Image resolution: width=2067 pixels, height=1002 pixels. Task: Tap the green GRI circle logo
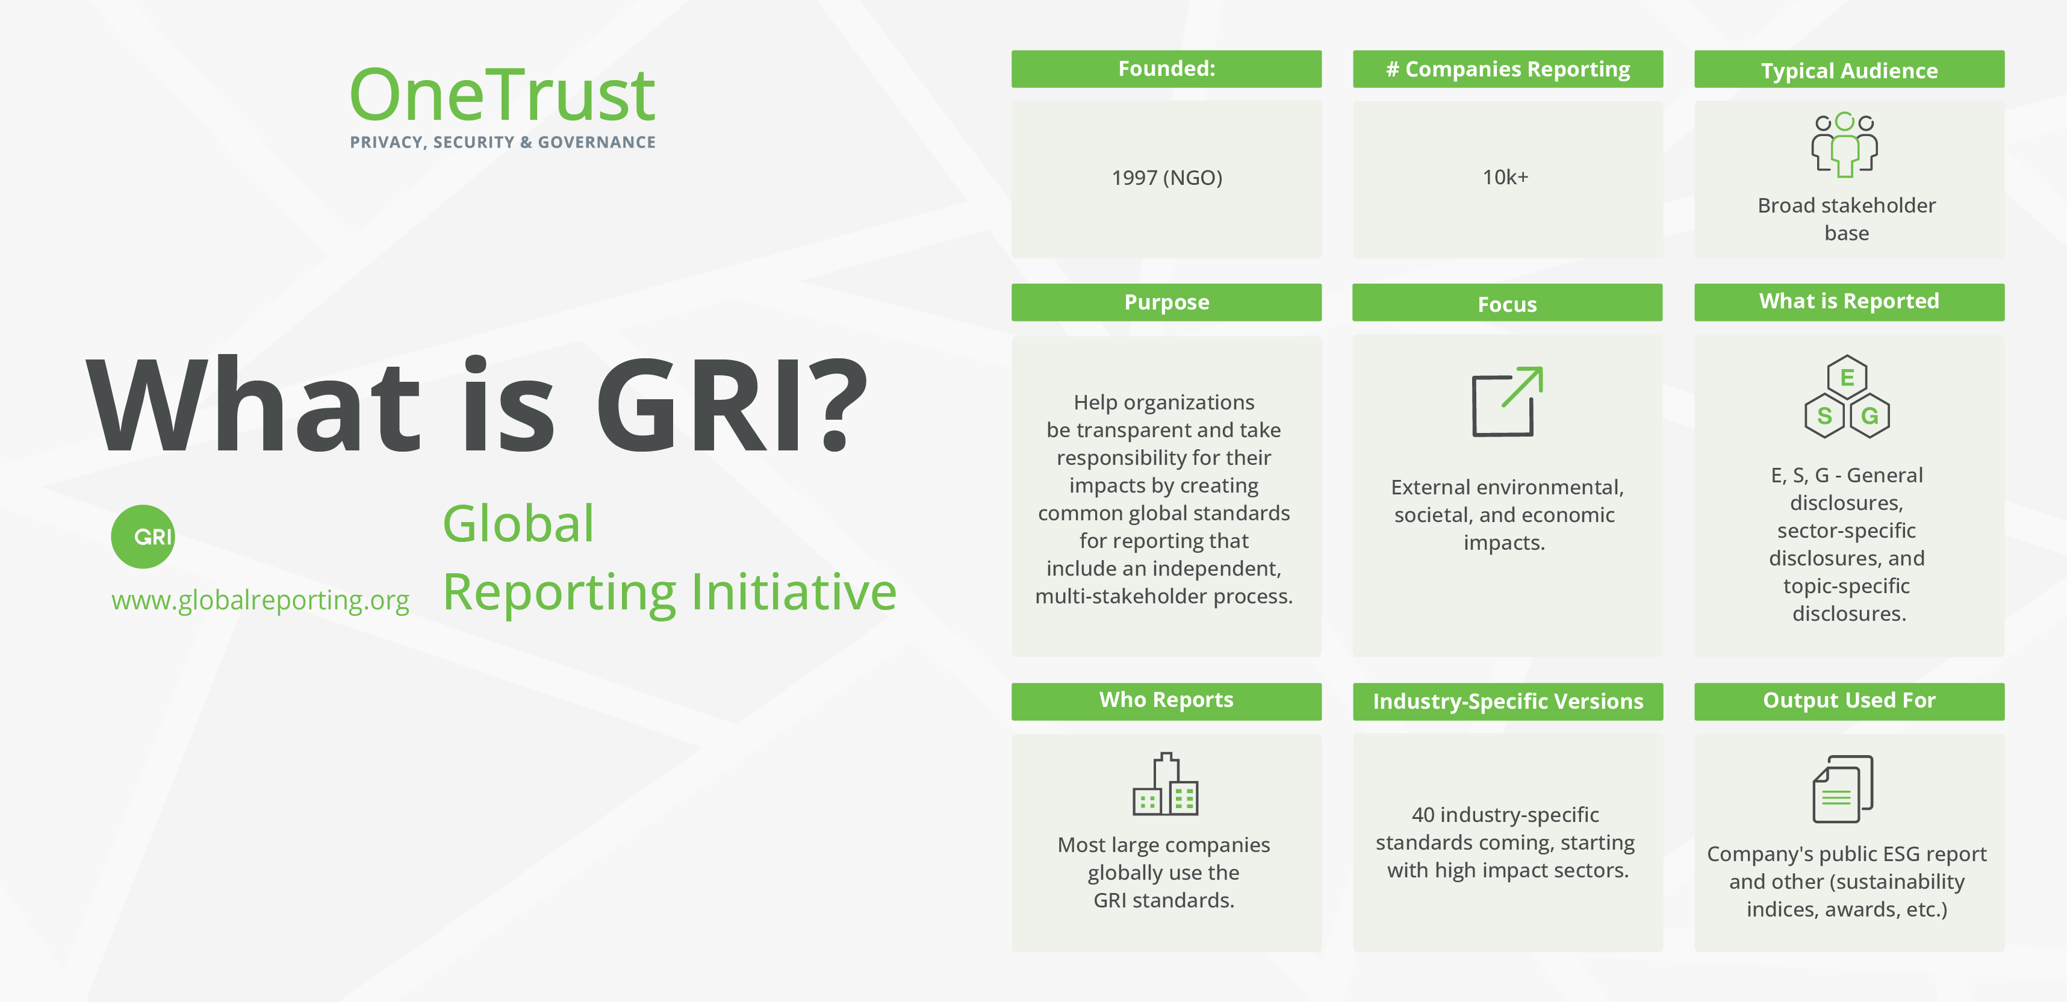click(x=143, y=536)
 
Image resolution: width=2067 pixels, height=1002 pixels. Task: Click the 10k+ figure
click(x=1505, y=177)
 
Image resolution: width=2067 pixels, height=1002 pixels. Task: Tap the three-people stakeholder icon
click(x=1844, y=145)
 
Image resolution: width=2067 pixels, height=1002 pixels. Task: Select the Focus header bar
click(x=1507, y=303)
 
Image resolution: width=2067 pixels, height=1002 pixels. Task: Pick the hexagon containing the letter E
click(x=1847, y=377)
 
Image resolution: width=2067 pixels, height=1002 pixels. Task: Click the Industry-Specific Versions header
click(x=1507, y=701)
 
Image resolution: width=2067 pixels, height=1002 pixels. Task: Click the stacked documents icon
click(x=1842, y=789)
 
